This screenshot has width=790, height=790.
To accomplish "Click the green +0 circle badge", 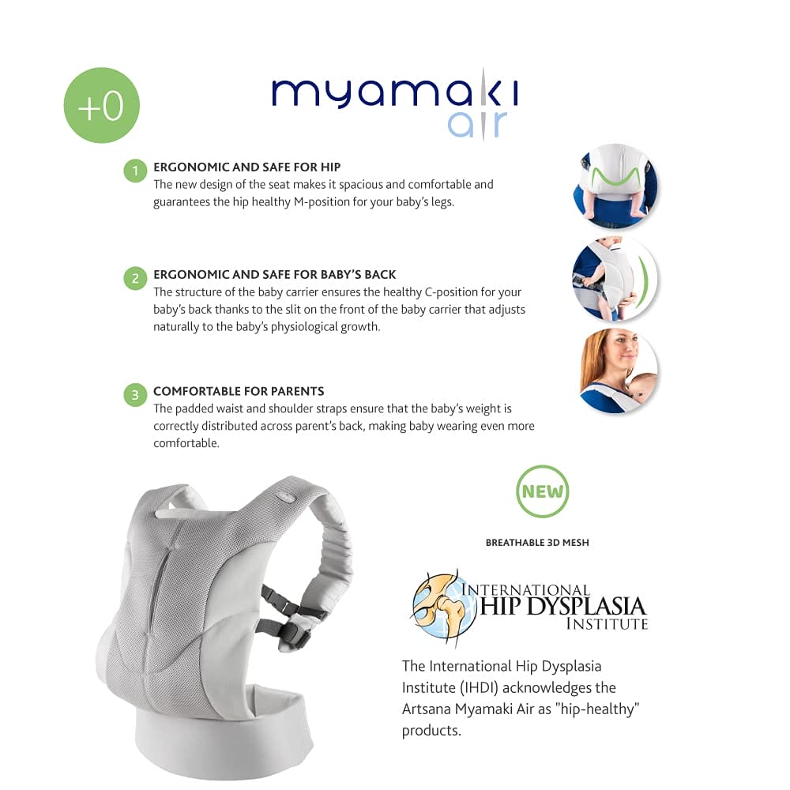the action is tap(101, 105).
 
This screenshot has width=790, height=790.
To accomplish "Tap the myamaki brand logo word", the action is tap(395, 92).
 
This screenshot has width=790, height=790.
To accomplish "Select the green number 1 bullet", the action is tap(135, 171).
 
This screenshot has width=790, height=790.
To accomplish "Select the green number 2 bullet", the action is tap(135, 278).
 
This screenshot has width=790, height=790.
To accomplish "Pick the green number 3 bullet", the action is tap(135, 394).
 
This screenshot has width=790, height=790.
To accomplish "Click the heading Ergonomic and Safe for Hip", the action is tap(246, 167).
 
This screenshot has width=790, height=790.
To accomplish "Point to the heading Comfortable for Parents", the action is tap(239, 391).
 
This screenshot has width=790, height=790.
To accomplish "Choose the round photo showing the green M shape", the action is tap(615, 186).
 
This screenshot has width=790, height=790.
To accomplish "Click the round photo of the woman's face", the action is tap(619, 371).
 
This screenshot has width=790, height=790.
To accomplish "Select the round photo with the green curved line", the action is tap(615, 279).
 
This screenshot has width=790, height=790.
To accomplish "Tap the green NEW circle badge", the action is tap(542, 491).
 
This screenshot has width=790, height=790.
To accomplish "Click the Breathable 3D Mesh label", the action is tap(537, 543).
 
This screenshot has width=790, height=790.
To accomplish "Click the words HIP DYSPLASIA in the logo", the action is tap(562, 607).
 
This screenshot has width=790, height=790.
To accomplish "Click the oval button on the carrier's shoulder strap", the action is tap(286, 498).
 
